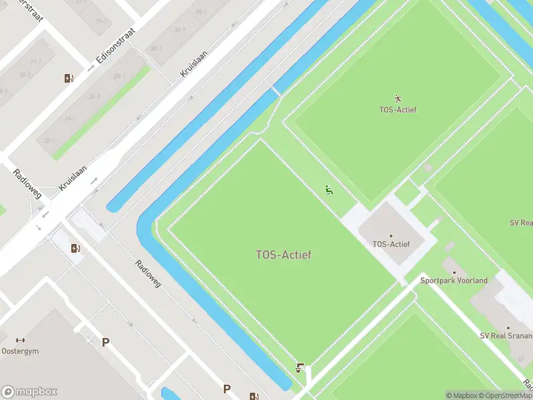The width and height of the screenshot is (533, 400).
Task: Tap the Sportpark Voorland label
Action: (454, 280)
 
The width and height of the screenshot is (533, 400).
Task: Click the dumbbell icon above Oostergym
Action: (21, 340)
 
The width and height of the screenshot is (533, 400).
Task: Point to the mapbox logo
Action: (29, 391)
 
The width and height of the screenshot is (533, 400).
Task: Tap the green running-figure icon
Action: (328, 190)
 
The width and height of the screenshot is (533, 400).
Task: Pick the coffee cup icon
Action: (300, 367)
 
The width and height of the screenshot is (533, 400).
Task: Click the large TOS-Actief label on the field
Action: (283, 255)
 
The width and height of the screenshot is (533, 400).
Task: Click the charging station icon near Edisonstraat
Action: (69, 78)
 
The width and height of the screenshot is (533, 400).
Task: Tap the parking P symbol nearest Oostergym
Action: (105, 342)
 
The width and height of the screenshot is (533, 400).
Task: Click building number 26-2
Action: (94, 97)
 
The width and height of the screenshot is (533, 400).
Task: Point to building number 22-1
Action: (49, 141)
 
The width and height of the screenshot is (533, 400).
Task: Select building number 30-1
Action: (156, 49)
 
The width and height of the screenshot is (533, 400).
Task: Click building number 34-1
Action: (201, 12)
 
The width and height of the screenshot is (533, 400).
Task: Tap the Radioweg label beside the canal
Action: (148, 273)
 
